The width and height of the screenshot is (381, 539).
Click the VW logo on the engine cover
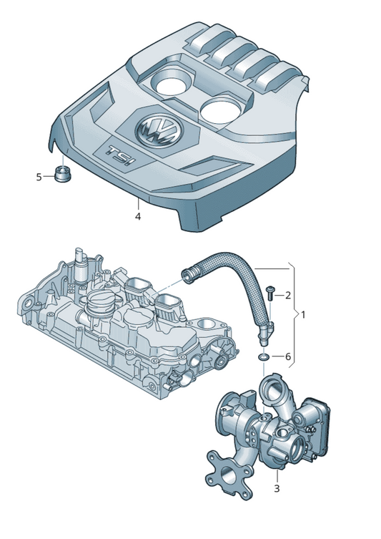pyautogui.click(x=159, y=131)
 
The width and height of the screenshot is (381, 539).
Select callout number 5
pyautogui.click(x=39, y=177)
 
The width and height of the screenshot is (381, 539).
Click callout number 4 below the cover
pyautogui.click(x=138, y=217)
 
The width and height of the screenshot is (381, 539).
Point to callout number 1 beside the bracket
pyautogui.click(x=303, y=314)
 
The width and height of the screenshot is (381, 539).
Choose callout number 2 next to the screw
pyautogui.click(x=287, y=295)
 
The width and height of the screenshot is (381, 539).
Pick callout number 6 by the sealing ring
pyautogui.click(x=287, y=356)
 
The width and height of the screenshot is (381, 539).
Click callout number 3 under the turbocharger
pyautogui.click(x=277, y=488)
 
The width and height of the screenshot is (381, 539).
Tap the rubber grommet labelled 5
pyautogui.click(x=63, y=173)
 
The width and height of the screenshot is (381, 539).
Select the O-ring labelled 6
pyautogui.click(x=263, y=357)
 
